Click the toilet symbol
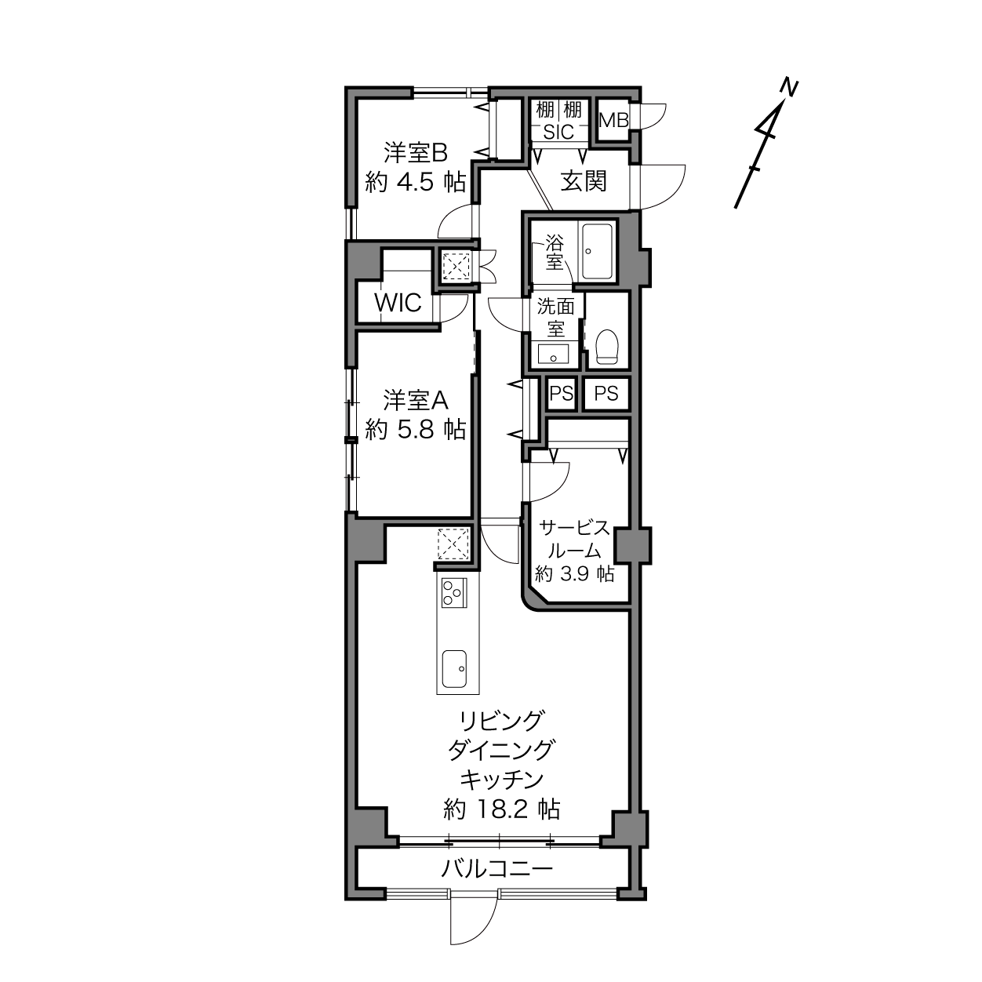[607, 347]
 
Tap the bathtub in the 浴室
[597, 252]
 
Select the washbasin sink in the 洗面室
[554, 353]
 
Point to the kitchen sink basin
[454, 668]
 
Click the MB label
[613, 120]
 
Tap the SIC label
[558, 132]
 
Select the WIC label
[398, 303]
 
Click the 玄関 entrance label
[584, 181]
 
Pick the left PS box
[562, 394]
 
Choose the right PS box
[606, 394]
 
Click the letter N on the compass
[789, 88]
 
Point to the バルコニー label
[496, 867]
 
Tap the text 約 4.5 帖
[416, 181]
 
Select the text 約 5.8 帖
[416, 430]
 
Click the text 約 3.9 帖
[574, 574]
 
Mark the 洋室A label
[416, 400]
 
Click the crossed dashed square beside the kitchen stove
[453, 544]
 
